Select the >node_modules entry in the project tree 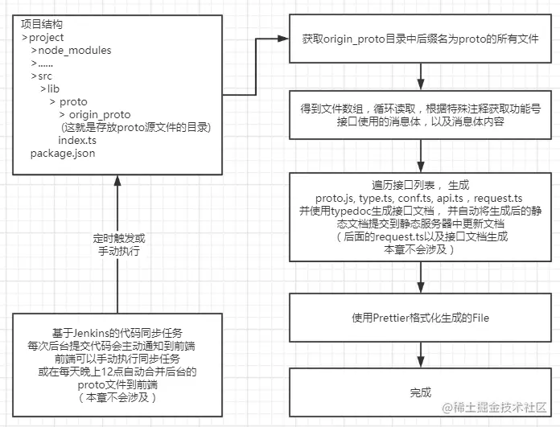click(71, 50)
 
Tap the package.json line click(63, 153)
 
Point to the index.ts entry click(77, 140)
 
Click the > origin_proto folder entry click(105, 114)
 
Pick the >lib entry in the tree click(50, 88)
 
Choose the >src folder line click(42, 76)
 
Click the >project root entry click(43, 37)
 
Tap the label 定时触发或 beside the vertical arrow click(119, 239)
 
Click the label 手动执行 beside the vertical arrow click(119, 251)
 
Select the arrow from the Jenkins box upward click(117, 241)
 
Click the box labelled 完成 click(420, 392)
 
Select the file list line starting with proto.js click(418, 198)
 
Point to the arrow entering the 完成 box click(420, 354)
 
